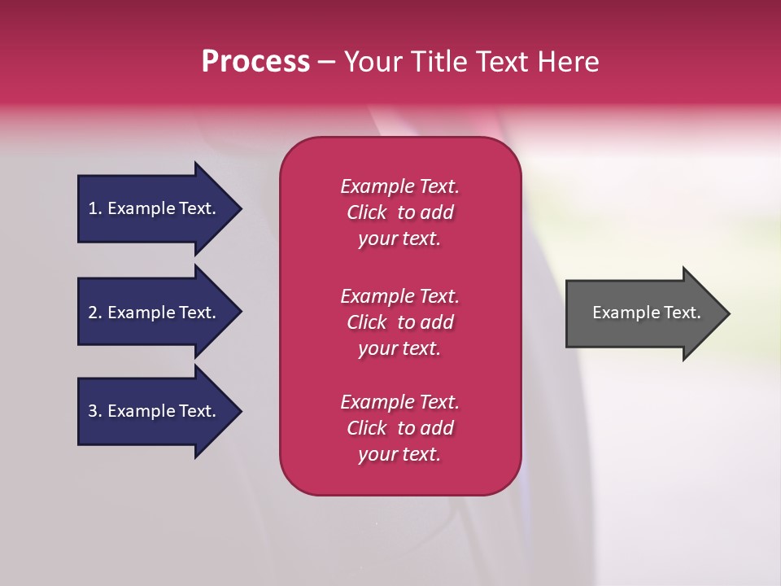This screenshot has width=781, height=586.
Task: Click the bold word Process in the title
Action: point(255,62)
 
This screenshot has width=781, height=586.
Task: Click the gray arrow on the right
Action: point(643,313)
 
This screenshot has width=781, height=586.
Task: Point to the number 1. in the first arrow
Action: point(95,208)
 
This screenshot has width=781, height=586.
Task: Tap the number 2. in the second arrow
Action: point(95,313)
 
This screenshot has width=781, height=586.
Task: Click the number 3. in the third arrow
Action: point(95,411)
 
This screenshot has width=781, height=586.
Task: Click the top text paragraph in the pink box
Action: point(399,212)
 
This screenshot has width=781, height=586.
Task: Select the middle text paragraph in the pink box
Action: point(399,322)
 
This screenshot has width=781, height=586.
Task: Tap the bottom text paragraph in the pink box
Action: point(399,428)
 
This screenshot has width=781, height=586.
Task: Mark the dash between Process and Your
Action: point(326,62)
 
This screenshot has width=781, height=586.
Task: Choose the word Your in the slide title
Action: point(375,62)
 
